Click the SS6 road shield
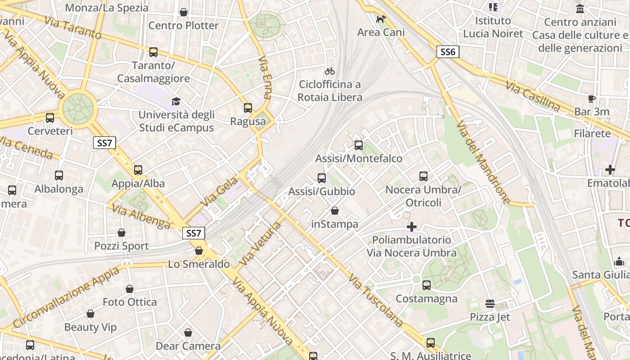[448, 52]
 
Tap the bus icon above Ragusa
[248, 108]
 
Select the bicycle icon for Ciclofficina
[330, 71]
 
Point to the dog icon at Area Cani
[381, 19]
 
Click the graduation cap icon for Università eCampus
[176, 101]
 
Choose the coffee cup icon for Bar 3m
[592, 99]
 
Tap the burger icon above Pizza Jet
[490, 304]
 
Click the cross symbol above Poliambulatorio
[412, 227]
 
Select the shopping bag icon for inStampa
[335, 211]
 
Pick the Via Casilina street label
[533, 96]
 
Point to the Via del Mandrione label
[483, 162]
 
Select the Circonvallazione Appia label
[67, 297]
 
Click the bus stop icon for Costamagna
[427, 285]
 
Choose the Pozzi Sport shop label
[121, 246]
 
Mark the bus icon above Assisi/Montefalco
[359, 145]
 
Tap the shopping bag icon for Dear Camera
[188, 333]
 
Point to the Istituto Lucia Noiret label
[493, 27]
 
